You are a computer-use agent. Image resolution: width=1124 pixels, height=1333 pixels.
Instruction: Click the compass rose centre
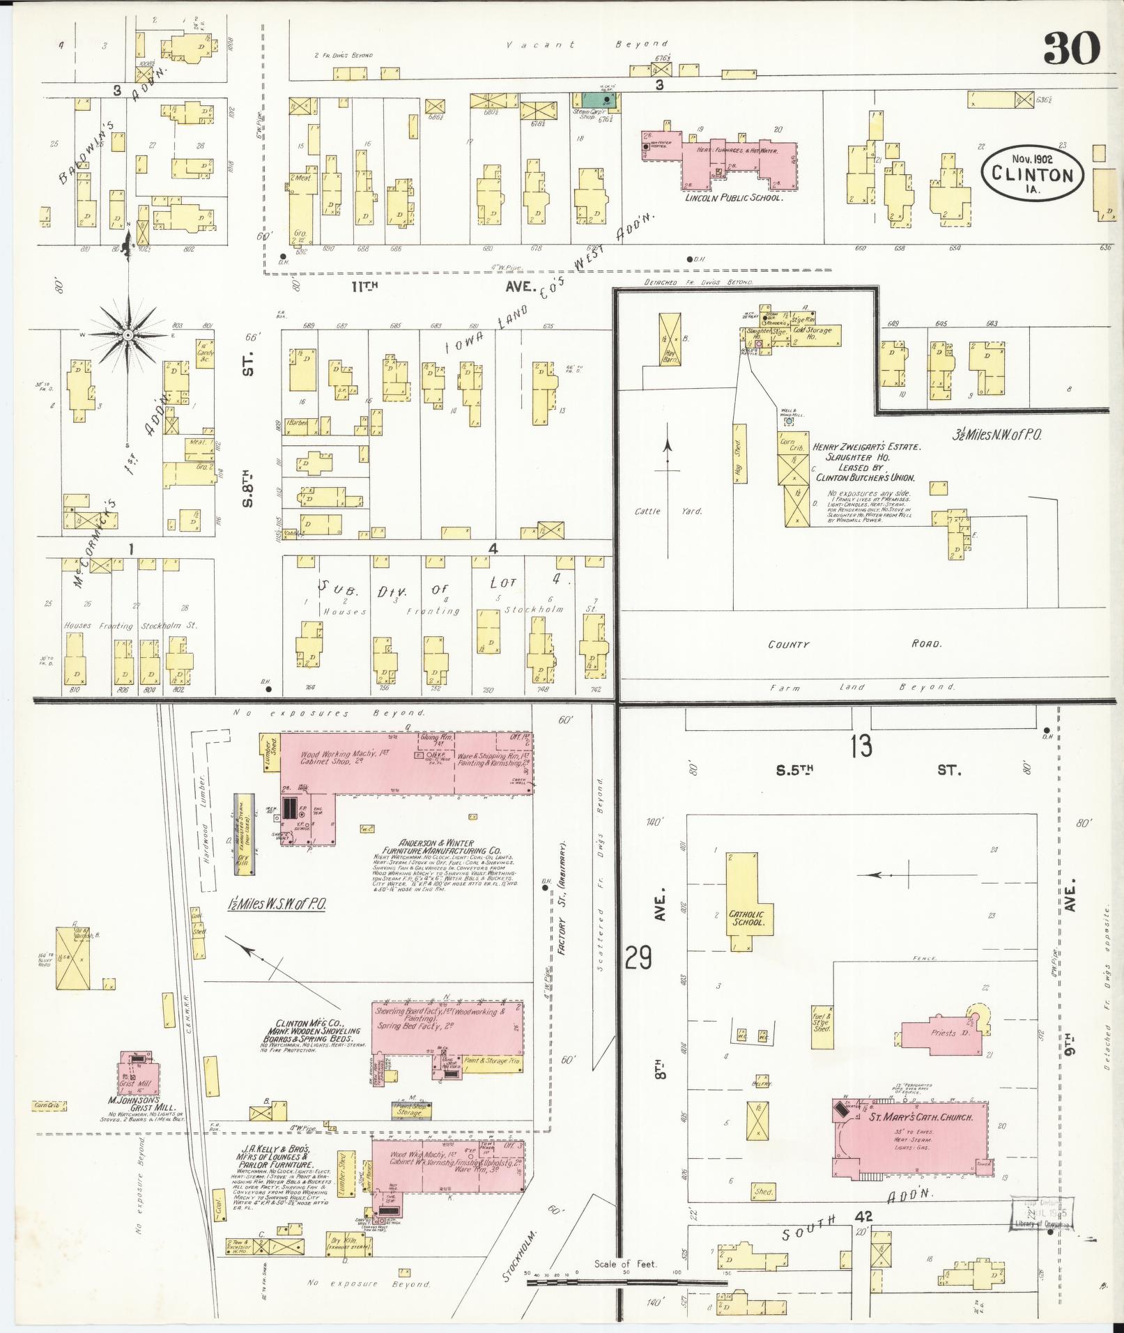128,336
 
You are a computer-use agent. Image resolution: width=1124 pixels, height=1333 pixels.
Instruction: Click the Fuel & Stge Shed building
822,1026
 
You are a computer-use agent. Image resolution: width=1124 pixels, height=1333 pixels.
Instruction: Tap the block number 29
638,958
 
